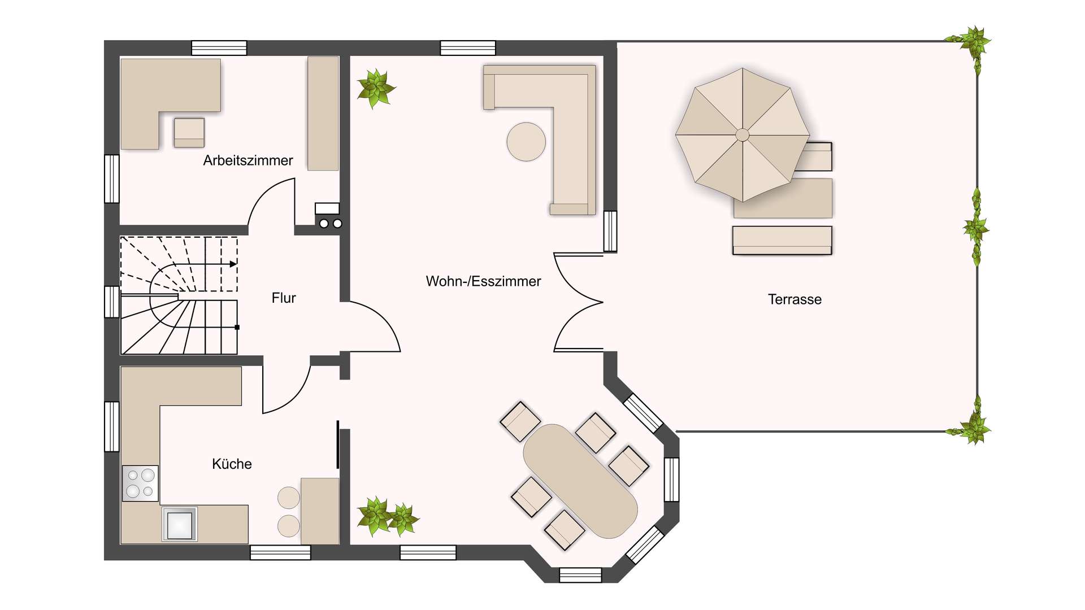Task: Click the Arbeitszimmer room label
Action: tap(248, 160)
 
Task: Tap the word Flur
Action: tap(284, 298)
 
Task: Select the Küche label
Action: tap(232, 464)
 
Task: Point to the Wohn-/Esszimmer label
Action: tap(483, 281)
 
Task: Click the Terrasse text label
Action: tap(795, 299)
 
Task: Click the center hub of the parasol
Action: tap(743, 134)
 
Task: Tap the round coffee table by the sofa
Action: tap(526, 142)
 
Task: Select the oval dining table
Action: tap(580, 481)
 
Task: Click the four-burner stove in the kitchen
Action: tap(140, 483)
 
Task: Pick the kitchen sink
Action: tap(180, 524)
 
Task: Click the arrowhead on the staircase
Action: tap(233, 264)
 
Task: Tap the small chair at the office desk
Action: tap(189, 133)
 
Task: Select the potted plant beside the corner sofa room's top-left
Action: tap(375, 88)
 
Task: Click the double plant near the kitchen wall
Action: tap(388, 517)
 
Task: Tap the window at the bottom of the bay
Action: tap(580, 575)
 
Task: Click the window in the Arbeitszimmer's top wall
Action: tap(219, 48)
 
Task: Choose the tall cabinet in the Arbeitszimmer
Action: tap(323, 113)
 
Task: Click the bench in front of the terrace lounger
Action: tap(782, 241)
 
